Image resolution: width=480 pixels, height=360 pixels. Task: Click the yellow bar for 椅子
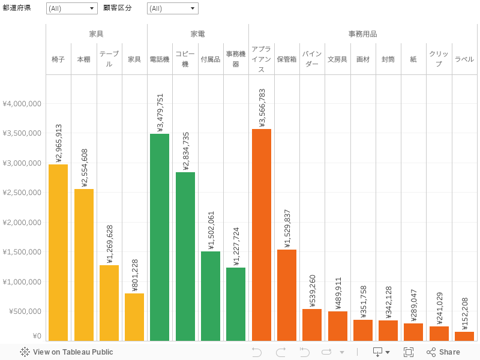(x=58, y=252)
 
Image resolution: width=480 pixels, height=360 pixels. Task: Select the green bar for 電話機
(x=160, y=237)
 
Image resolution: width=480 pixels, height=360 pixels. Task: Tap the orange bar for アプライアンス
(x=262, y=235)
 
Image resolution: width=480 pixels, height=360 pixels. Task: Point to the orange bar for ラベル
(x=464, y=336)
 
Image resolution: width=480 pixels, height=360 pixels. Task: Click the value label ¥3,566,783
(x=262, y=107)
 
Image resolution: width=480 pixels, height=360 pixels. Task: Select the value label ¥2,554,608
(x=84, y=168)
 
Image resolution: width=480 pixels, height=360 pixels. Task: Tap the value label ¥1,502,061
(x=211, y=230)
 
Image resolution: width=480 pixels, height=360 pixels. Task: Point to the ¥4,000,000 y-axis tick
(x=22, y=104)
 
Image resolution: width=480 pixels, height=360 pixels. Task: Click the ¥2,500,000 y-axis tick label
(x=22, y=193)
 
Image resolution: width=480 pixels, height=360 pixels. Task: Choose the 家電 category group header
(x=198, y=34)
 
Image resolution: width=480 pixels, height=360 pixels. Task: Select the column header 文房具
(x=337, y=59)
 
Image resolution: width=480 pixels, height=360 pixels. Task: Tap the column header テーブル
(x=109, y=59)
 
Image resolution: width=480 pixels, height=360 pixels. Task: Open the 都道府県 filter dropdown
(x=71, y=8)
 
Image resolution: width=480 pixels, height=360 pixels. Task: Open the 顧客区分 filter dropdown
(x=172, y=8)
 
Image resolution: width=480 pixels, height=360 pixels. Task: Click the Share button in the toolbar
(x=443, y=352)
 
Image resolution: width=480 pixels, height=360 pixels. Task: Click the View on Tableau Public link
(x=67, y=352)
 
